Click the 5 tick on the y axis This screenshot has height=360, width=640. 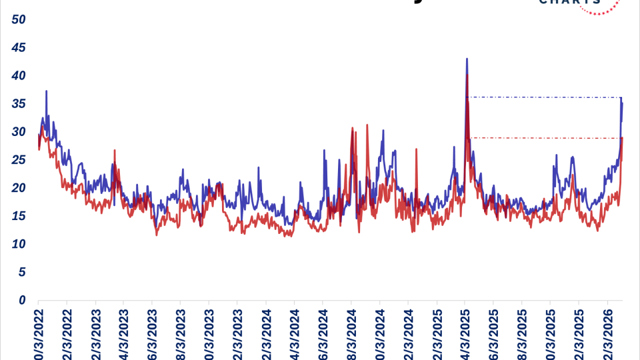[22, 272]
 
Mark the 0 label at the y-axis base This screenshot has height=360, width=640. [22, 300]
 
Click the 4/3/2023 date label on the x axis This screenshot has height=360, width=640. [123, 333]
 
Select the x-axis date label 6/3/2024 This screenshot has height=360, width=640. [323, 333]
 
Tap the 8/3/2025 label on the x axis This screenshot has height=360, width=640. [522, 333]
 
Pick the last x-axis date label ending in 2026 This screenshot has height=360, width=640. [607, 333]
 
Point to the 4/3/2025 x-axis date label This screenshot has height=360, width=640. [465, 333]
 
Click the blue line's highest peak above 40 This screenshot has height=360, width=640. [467, 59]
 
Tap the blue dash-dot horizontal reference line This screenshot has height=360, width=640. [543, 97]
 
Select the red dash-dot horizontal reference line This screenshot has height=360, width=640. [543, 138]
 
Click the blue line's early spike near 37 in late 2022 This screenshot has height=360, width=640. [46, 91]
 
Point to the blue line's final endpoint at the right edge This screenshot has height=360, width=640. [622, 103]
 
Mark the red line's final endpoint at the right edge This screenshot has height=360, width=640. [622, 138]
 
